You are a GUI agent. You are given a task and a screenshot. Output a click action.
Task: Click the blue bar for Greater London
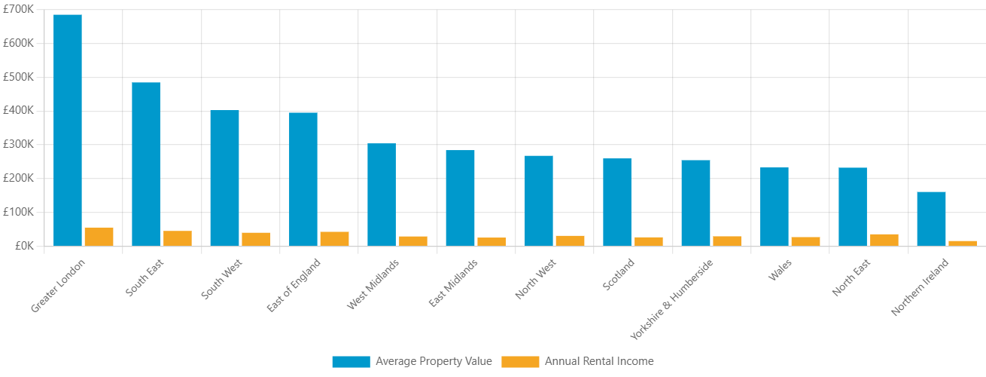[x=68, y=130]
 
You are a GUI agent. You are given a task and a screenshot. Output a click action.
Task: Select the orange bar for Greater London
[x=99, y=236]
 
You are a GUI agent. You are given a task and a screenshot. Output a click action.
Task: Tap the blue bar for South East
[x=146, y=164]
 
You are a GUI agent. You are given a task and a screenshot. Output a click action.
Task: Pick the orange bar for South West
[x=256, y=238]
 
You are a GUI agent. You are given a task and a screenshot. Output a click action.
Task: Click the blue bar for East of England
[x=303, y=179]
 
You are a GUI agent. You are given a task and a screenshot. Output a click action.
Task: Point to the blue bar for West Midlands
[x=382, y=195]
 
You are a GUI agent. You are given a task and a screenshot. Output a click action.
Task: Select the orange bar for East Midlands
[x=491, y=241]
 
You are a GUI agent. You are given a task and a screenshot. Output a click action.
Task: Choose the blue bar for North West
[x=539, y=201]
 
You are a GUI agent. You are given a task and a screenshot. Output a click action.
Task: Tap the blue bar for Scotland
[x=617, y=202]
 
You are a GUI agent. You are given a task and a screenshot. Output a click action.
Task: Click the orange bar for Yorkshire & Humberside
[x=727, y=241]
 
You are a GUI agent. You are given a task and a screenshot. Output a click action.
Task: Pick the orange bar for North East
[x=884, y=239]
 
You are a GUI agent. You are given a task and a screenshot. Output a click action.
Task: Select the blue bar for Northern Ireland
[x=931, y=219]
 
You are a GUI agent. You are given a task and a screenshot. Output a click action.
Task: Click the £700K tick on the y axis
[x=19, y=9]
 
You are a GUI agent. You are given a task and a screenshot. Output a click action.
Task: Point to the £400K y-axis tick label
[x=19, y=110]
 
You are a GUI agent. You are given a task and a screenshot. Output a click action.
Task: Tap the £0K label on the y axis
[x=23, y=246]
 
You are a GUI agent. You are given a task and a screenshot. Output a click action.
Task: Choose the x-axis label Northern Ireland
[x=920, y=288]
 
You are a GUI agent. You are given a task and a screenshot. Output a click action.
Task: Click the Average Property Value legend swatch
[x=351, y=362]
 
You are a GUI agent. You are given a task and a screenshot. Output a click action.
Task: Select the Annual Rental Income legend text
[x=599, y=361]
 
